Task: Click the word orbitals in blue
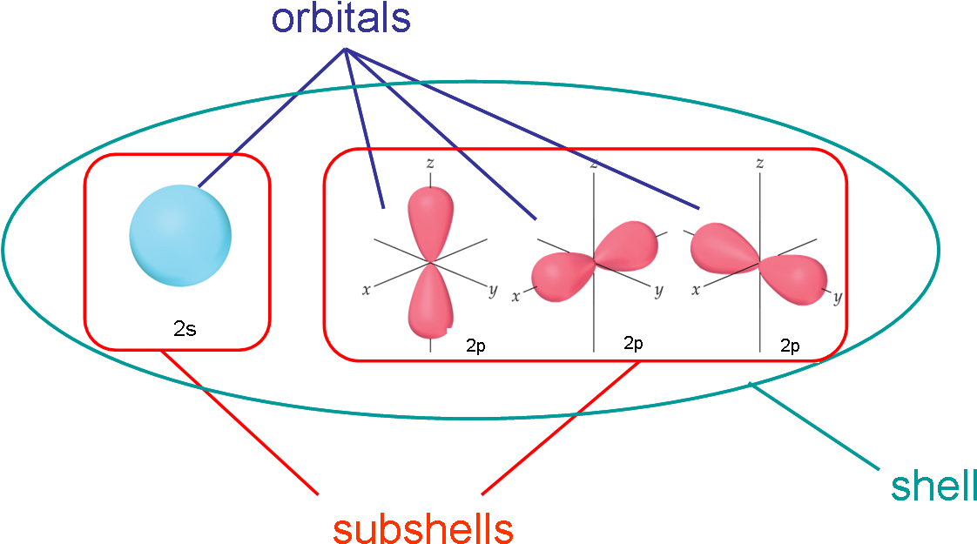[x=340, y=19]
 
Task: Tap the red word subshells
[x=423, y=527]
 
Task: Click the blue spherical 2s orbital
[x=180, y=235]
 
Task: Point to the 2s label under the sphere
[x=185, y=329]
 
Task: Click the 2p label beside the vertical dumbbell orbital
[x=475, y=346]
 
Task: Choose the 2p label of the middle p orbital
[x=633, y=343]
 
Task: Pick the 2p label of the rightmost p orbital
[x=789, y=346]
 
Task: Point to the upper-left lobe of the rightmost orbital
[x=720, y=245]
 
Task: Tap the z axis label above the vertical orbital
[x=429, y=163]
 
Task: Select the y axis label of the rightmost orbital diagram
[x=838, y=299]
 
